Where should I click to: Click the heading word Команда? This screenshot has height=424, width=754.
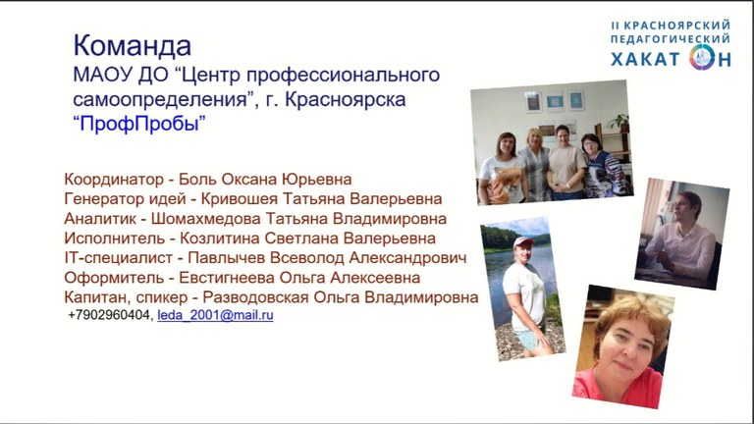(x=133, y=46)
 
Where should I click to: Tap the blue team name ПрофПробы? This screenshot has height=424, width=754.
(x=139, y=124)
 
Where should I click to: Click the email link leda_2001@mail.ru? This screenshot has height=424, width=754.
(x=215, y=315)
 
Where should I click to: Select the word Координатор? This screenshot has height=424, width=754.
(x=114, y=180)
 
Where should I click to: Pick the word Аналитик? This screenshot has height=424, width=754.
(x=100, y=219)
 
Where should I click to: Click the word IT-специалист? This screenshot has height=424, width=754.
(x=118, y=258)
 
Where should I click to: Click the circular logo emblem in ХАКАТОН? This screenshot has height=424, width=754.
(x=702, y=57)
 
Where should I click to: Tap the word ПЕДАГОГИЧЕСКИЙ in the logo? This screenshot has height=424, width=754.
(x=671, y=38)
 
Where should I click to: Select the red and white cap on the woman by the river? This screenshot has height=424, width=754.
(x=522, y=241)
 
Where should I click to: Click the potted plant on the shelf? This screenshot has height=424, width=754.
(x=619, y=123)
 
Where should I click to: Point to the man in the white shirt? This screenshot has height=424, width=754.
(x=679, y=236)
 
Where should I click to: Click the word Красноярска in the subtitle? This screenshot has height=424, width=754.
(x=346, y=99)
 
